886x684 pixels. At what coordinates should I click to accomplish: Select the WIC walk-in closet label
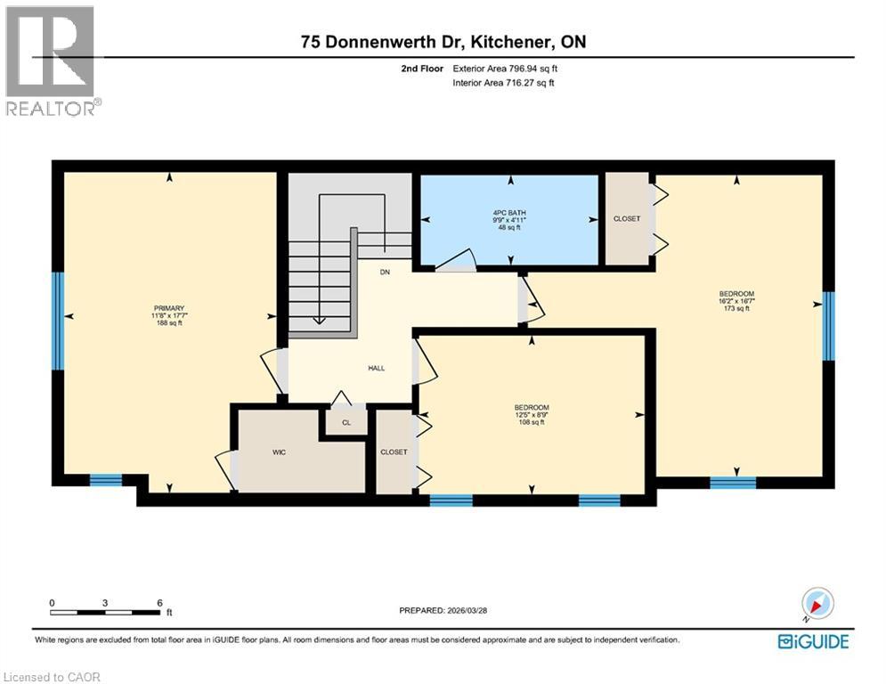(x=279, y=452)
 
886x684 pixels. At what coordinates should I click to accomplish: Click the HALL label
(x=377, y=368)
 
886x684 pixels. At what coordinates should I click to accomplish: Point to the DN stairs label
(x=385, y=273)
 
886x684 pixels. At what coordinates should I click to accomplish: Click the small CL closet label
(x=344, y=423)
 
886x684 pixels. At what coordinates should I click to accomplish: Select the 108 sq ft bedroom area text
(x=531, y=422)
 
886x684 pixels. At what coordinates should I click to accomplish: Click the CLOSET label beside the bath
(x=627, y=219)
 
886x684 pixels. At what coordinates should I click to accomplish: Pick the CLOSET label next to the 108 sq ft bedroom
(x=394, y=452)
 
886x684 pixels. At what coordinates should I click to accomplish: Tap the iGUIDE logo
(x=813, y=641)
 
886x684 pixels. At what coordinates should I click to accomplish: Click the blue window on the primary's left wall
(x=59, y=321)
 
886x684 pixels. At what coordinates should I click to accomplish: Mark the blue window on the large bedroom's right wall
(x=828, y=326)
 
